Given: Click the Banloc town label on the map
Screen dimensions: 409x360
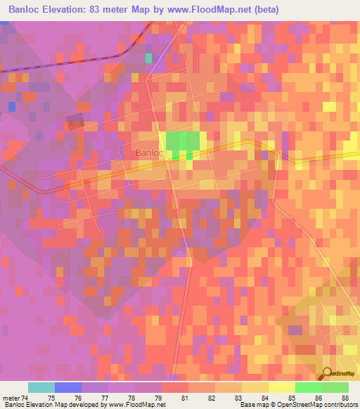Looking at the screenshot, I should [148, 152].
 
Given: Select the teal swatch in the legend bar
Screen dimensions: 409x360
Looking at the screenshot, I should [41, 387].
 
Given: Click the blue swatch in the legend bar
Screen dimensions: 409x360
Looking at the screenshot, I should [68, 387].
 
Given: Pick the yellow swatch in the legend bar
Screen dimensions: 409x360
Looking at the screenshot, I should [282, 387].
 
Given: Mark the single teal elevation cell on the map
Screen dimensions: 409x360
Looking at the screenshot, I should [148, 58].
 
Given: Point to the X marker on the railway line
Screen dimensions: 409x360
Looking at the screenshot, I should [48, 65].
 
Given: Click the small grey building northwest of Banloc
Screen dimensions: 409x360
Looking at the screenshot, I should [75, 120].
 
